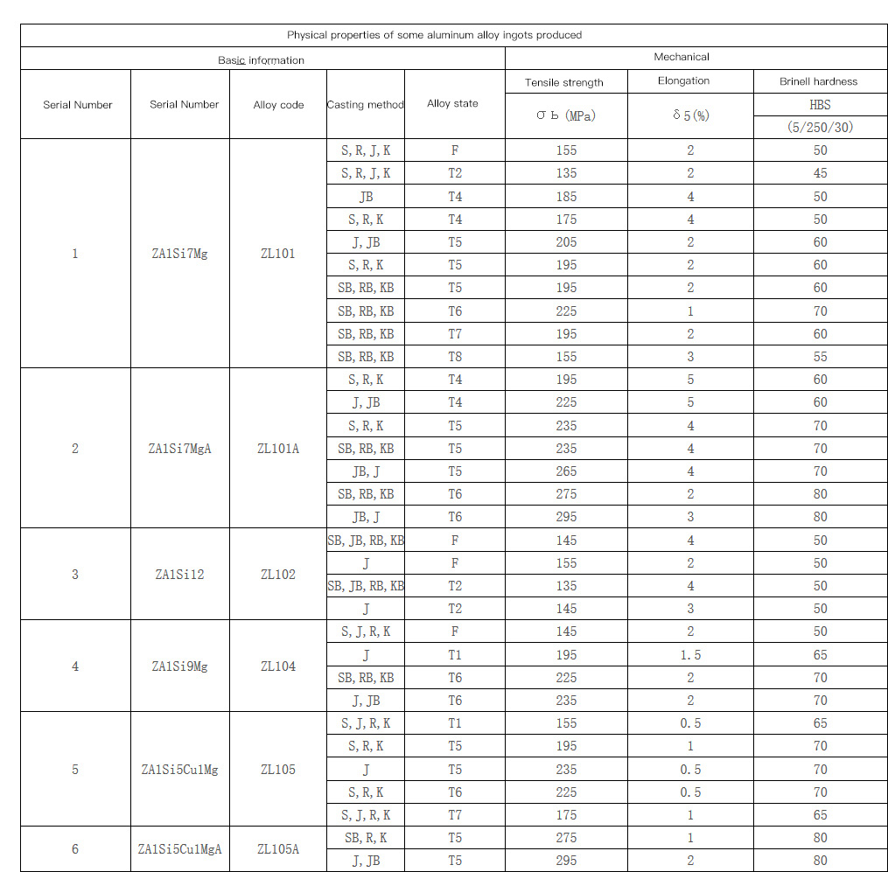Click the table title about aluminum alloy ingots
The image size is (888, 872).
coord(434,35)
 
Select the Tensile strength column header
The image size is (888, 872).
coord(564,82)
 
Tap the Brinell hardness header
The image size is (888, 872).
coord(819,82)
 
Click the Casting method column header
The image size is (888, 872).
coord(365,105)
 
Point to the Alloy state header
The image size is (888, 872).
coord(452,103)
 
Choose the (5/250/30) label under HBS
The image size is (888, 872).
coord(819,127)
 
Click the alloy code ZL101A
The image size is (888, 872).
coord(278,449)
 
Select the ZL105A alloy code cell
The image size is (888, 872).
coord(278,848)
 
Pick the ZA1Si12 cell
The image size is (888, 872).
coord(180,575)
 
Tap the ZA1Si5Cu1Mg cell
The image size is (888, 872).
coord(180,770)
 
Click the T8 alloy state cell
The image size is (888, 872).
coord(455,356)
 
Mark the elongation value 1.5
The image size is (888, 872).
coord(691,655)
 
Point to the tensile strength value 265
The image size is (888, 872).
coord(566,471)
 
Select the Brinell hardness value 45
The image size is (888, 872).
coord(820,173)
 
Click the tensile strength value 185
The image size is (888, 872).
coord(566,197)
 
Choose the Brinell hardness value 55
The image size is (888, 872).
coord(820,356)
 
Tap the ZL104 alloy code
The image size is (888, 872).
coord(278,666)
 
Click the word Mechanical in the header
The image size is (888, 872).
coord(682,57)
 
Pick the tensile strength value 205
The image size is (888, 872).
coord(566,242)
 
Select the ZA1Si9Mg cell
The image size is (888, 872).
coord(180,666)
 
